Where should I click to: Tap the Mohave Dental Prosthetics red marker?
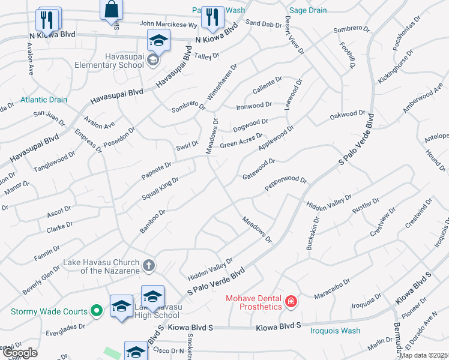point(291,301)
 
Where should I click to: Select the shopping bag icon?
point(112,10)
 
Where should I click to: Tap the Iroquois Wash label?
point(335,331)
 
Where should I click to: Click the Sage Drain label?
point(308,10)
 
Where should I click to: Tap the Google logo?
point(19,353)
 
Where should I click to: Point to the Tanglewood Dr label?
point(54,161)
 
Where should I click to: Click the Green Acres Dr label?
point(241,141)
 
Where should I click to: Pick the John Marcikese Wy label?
point(168,25)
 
